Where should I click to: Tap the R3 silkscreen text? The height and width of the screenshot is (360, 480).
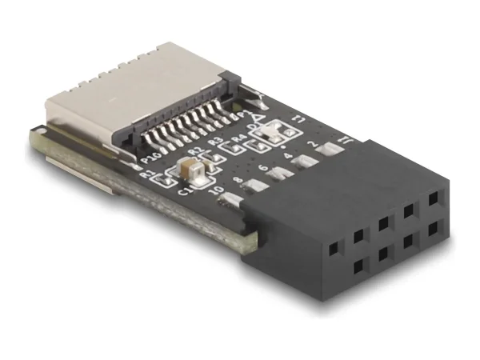coord(214,145)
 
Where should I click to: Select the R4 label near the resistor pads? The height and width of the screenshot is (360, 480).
coord(238,138)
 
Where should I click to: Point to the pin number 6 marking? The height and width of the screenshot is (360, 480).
coord(264,169)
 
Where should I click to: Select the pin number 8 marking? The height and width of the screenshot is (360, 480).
coord(238,181)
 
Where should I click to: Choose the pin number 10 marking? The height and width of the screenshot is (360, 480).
coord(213,192)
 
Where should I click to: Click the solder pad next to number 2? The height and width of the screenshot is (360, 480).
coord(304,162)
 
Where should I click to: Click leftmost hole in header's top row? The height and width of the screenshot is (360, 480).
coord(358,235)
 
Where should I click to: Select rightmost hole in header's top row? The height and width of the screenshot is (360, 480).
coord(433,197)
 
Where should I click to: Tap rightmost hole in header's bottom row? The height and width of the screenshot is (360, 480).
coord(433,226)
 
